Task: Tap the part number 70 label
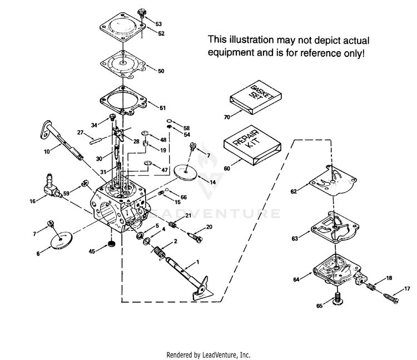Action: [227, 117]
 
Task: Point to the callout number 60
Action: [226, 169]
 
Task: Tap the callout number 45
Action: [92, 251]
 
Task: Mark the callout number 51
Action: [162, 107]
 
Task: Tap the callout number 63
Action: [295, 238]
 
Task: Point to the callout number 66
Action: [183, 197]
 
